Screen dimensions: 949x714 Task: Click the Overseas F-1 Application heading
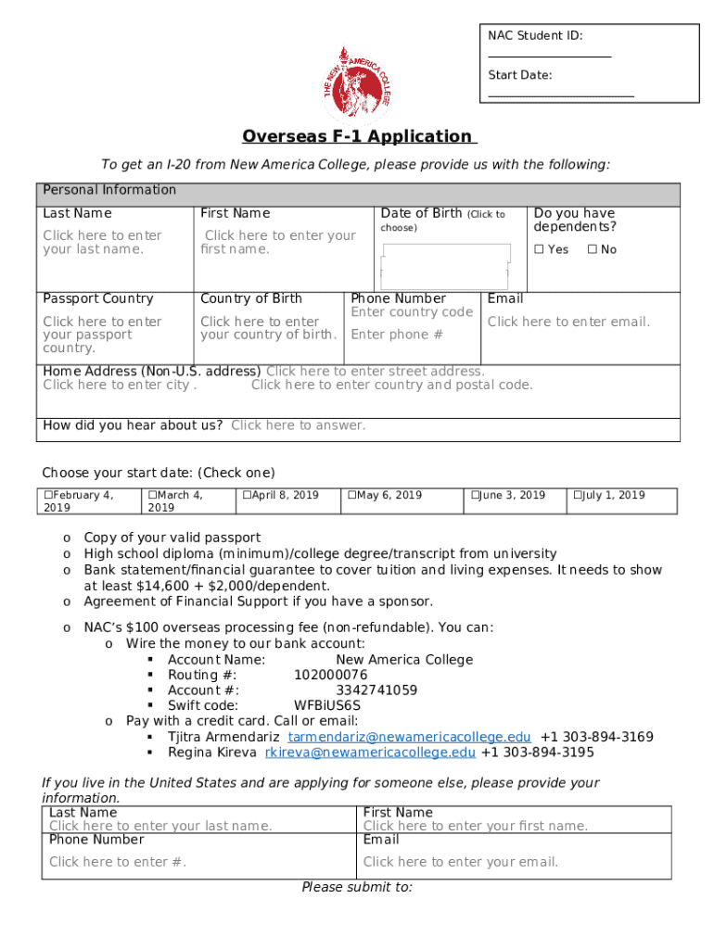pyautogui.click(x=359, y=137)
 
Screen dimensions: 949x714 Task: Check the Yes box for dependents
pyautogui.click(x=539, y=249)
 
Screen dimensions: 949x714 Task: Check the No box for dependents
pyautogui.click(x=592, y=249)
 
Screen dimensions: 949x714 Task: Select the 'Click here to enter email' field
pyautogui.click(x=568, y=322)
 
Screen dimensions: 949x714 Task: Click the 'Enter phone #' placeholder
pyautogui.click(x=397, y=335)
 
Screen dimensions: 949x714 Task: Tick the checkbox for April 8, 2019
pyautogui.click(x=248, y=496)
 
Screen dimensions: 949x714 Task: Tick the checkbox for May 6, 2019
pyautogui.click(x=352, y=496)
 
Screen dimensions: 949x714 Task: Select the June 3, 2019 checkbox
pyautogui.click(x=475, y=496)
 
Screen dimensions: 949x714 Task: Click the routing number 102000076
pyautogui.click(x=330, y=675)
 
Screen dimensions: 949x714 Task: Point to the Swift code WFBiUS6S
pyautogui.click(x=327, y=705)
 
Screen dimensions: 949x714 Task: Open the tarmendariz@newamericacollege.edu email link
pyautogui.click(x=409, y=737)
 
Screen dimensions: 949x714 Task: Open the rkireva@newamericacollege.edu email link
pyautogui.click(x=370, y=753)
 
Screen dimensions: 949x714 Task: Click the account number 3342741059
pyautogui.click(x=376, y=690)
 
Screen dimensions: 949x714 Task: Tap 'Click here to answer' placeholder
pyautogui.click(x=298, y=425)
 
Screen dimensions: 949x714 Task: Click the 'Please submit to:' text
pyautogui.click(x=357, y=887)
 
